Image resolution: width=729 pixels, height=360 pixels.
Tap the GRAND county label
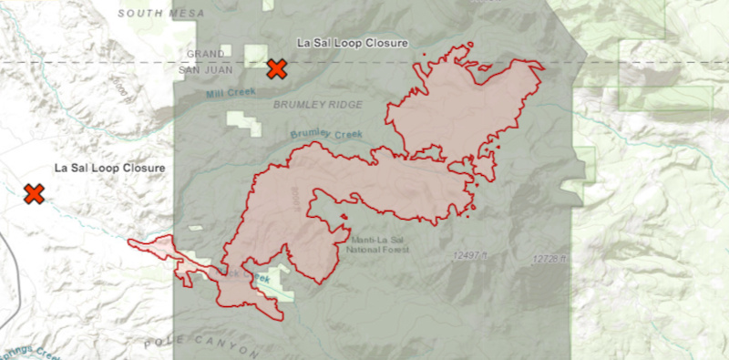pos(205,54)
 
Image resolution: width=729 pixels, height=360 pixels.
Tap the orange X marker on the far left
pos(35,193)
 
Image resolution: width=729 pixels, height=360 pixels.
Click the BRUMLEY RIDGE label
pos(317,105)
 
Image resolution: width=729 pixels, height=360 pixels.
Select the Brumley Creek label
pos(326,135)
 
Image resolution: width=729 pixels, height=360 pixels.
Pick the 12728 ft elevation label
pos(550,260)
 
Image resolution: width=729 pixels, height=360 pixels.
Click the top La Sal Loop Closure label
pos(353,43)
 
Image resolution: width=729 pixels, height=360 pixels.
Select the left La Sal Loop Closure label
pos(108,169)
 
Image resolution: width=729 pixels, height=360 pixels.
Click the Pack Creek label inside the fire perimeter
pos(239,273)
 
